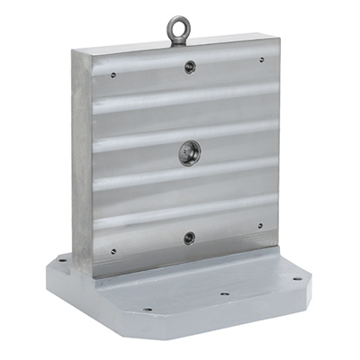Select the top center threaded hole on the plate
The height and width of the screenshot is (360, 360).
tap(189, 67)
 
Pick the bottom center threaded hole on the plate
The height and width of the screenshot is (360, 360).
tap(189, 238)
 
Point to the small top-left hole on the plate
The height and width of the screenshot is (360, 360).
tap(112, 76)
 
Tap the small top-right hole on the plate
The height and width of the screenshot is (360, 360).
tap(262, 60)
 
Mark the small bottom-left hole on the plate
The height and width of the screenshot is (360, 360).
tap(112, 251)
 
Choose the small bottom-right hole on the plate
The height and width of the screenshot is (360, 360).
tap(260, 226)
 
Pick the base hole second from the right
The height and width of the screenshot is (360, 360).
tap(224, 292)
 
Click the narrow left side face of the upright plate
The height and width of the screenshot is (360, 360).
tap(81, 162)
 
